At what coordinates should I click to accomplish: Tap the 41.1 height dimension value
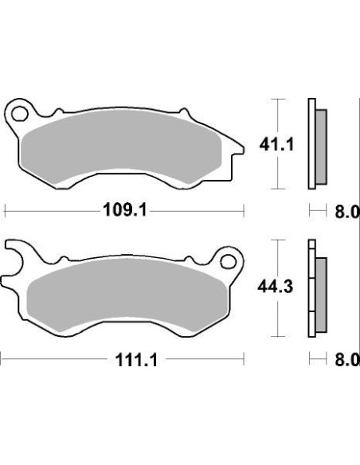[x=251, y=144]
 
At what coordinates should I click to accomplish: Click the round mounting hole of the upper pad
[x=21, y=110]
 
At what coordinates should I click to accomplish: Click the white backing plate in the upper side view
[x=309, y=143]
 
